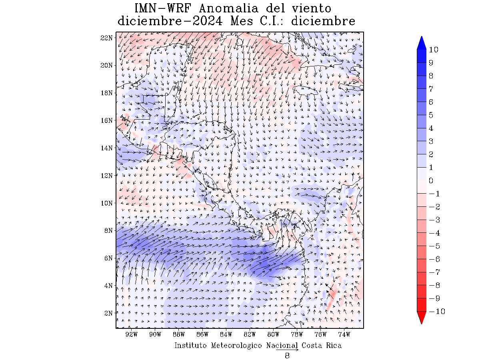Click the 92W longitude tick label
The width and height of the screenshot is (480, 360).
[131, 334]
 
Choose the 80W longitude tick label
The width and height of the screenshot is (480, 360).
[273, 334]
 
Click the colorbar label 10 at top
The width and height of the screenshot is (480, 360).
[433, 50]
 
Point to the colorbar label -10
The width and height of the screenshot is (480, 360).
[436, 312]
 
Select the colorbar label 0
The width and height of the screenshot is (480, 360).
[431, 180]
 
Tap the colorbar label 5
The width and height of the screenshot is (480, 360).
[431, 115]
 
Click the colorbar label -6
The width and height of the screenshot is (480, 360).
[434, 259]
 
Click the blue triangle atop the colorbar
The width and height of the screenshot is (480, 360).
[421, 43]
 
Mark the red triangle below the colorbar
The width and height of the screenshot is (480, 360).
[421, 318]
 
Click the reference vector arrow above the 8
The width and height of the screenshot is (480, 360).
[287, 350]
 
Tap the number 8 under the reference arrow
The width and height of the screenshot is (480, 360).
[287, 356]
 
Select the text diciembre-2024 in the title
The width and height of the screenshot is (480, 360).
[170, 21]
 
